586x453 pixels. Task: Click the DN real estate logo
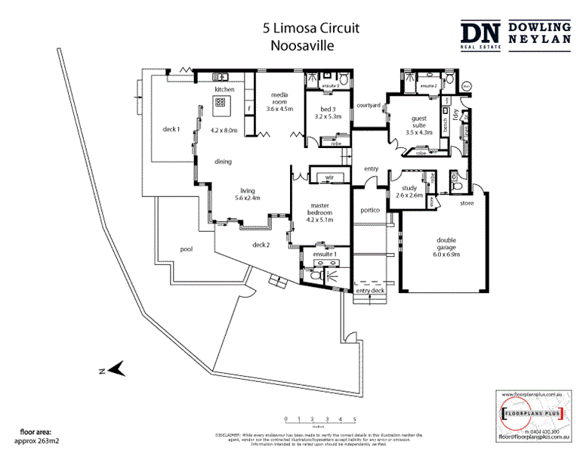coord(480,35)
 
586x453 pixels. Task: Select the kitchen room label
coord(224,90)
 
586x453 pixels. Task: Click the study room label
coord(410,190)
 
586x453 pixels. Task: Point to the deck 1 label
coord(171,129)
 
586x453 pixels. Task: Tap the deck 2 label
coord(261,244)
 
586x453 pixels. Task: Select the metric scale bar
coord(320,419)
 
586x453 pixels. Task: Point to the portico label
coord(370,211)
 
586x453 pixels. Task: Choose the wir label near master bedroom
coord(329,178)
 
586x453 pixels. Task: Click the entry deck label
coord(370,290)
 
